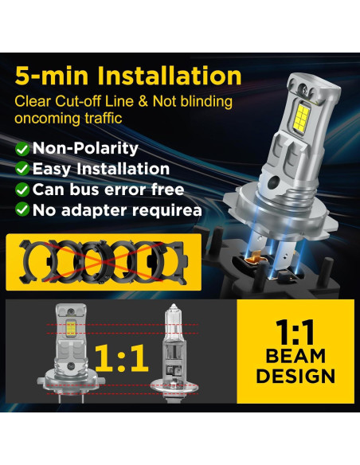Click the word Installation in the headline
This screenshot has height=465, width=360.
(x=170, y=76)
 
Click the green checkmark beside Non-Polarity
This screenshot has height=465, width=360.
(x=22, y=149)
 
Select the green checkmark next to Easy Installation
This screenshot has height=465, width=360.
(x=22, y=170)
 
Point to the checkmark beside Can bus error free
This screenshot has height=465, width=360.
(x=22, y=190)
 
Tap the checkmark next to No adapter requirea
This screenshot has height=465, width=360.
(x=22, y=211)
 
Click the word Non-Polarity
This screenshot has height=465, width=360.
(x=85, y=149)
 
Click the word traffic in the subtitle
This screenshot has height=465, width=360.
(x=109, y=118)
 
